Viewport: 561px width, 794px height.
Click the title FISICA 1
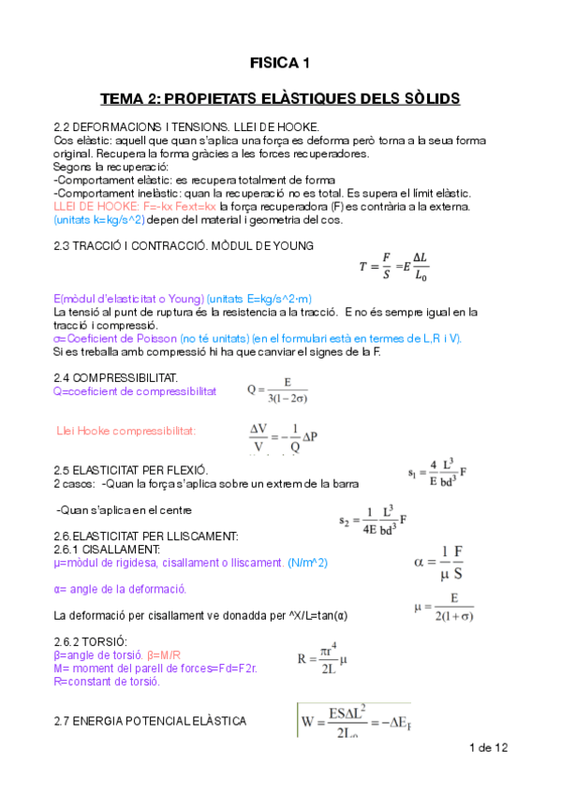tap(279, 64)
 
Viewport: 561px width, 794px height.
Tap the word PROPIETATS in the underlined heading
tap(208, 97)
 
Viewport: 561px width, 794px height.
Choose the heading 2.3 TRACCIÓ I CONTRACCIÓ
tap(184, 245)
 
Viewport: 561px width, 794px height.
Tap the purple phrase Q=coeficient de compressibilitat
tap(135, 391)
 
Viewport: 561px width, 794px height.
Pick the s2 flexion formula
tap(373, 518)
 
